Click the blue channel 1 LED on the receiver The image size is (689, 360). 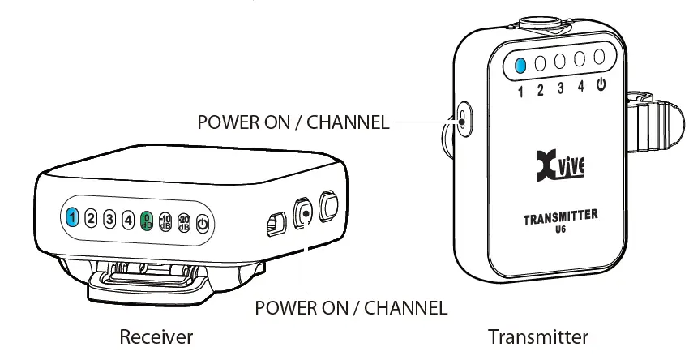[x=72, y=217]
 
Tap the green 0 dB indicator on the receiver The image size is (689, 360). [x=147, y=220]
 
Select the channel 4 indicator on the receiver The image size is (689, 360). [x=128, y=219]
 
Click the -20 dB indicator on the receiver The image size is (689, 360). [x=184, y=222]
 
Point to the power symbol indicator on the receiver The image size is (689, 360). [x=203, y=224]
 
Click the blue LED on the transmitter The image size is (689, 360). [x=521, y=64]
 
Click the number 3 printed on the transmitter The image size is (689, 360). [x=560, y=88]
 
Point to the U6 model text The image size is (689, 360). [x=559, y=229]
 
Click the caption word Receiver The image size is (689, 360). [x=156, y=336]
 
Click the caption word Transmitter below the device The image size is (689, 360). [x=537, y=336]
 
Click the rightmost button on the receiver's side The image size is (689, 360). [x=329, y=206]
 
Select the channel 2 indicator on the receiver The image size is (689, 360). [x=91, y=218]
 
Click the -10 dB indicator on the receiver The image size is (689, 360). [x=165, y=221]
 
